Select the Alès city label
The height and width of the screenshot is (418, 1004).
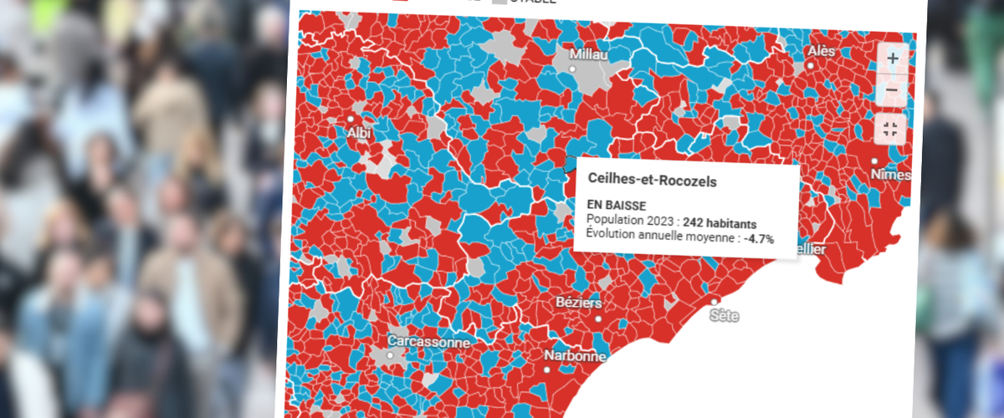coord(821,52)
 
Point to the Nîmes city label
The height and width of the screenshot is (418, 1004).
coord(889,175)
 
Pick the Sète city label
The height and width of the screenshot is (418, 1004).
coord(724,316)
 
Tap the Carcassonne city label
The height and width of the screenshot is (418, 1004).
coord(428,342)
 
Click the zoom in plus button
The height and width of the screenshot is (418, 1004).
coord(893,59)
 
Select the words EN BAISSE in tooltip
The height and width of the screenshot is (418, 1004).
coord(617,205)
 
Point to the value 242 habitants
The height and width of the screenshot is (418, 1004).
coord(720,223)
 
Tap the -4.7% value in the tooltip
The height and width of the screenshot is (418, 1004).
coord(759,239)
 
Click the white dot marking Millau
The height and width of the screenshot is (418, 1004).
coord(573,69)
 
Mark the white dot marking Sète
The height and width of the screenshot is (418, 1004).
coord(714,301)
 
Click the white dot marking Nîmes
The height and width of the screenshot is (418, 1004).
coord(875,161)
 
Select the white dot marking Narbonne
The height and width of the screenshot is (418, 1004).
coord(547,369)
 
